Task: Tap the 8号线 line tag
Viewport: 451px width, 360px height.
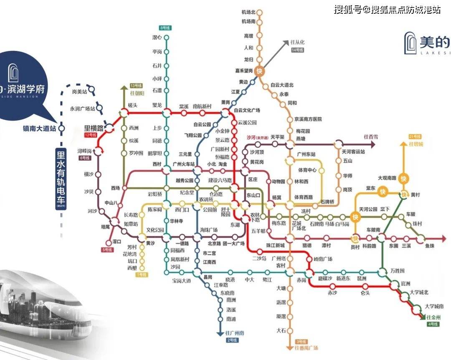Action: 166,28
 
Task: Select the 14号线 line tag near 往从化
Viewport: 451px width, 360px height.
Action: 297,50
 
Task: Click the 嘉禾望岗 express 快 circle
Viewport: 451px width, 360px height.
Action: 260,71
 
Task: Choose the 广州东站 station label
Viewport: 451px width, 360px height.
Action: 306,154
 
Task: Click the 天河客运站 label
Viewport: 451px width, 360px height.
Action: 353,152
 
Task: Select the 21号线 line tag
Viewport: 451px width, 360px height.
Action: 415,137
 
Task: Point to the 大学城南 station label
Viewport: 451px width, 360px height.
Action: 434,306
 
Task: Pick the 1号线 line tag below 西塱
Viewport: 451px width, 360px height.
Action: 142,274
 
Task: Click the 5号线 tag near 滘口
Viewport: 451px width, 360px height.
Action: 108,249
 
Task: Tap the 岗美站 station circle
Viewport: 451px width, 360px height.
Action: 91,89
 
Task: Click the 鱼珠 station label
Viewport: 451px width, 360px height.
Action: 430,246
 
